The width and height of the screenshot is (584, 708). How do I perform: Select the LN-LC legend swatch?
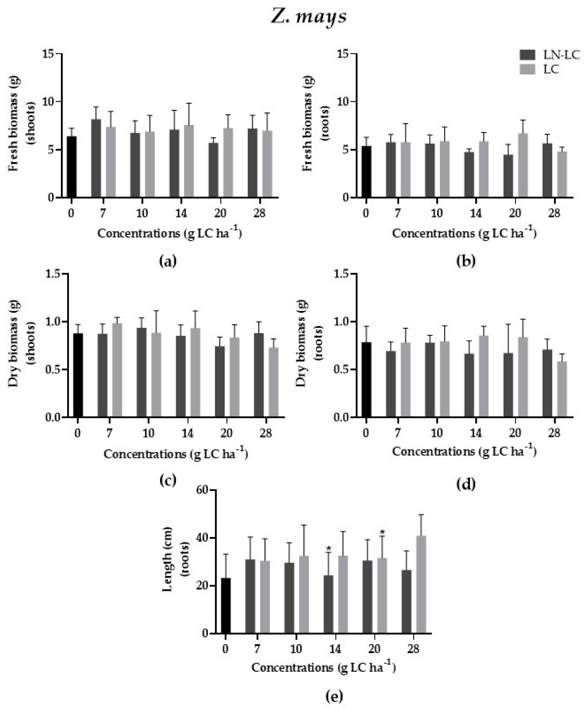[527, 55]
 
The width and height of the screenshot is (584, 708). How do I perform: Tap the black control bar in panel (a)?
[71, 167]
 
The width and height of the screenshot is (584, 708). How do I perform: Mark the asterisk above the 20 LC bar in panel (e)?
[382, 533]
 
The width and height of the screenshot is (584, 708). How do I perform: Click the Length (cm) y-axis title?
[167, 559]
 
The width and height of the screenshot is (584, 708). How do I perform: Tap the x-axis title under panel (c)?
[176, 454]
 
